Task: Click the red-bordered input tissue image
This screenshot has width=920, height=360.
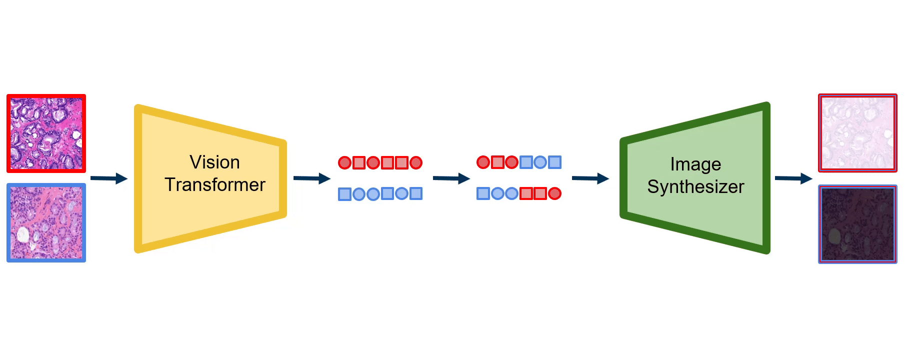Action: [x=46, y=133]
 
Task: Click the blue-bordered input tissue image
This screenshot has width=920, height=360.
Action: [x=46, y=222]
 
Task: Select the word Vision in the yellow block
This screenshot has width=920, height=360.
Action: [x=214, y=162]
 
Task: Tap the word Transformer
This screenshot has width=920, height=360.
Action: [x=214, y=185]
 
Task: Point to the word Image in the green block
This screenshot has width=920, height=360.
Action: [x=695, y=164]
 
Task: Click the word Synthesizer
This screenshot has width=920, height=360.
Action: [x=695, y=187]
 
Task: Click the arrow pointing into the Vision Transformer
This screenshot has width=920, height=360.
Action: [x=109, y=178]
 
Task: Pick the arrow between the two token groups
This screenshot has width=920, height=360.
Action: [x=451, y=178]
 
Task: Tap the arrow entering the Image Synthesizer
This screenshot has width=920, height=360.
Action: [x=590, y=178]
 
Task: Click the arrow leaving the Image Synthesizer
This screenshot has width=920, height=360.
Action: [x=793, y=178]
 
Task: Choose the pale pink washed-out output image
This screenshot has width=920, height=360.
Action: [x=857, y=133]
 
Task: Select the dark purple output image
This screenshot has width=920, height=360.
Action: [x=857, y=224]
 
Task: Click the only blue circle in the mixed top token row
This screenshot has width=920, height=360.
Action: [x=540, y=162]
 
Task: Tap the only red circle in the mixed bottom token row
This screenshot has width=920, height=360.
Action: [x=554, y=193]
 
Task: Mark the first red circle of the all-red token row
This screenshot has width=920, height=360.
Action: [x=344, y=163]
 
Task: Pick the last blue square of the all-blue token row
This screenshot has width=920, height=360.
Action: [x=416, y=193]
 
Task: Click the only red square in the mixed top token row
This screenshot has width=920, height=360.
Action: [x=497, y=162]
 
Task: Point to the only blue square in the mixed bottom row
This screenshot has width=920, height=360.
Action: [x=483, y=193]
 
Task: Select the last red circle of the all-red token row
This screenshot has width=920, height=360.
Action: [x=416, y=163]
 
